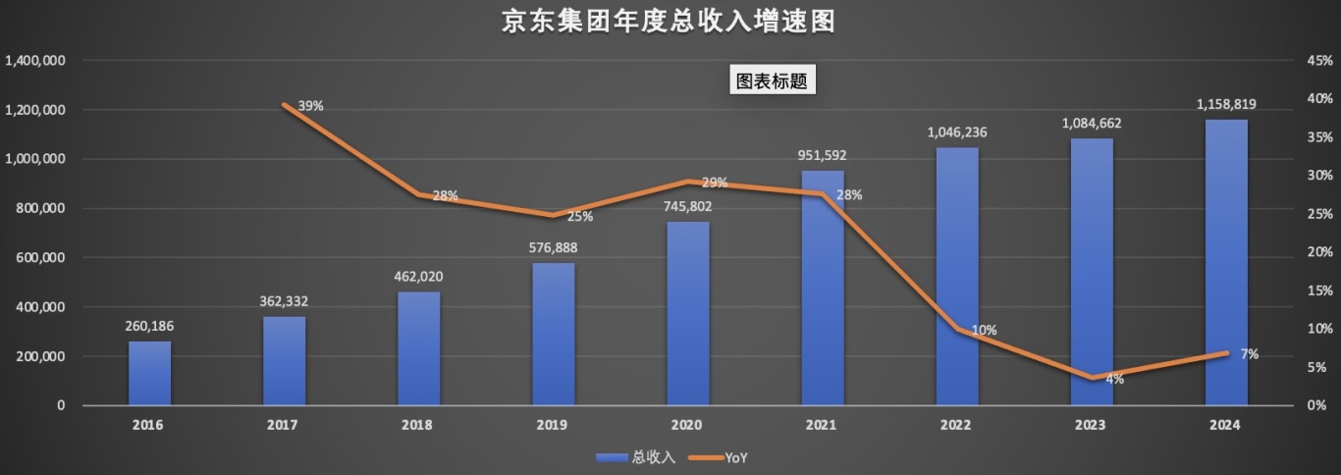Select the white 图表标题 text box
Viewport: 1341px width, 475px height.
(x=774, y=81)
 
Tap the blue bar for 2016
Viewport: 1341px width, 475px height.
(x=149, y=373)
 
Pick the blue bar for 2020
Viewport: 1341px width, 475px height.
(x=688, y=314)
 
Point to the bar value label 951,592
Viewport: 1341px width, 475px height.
(x=822, y=155)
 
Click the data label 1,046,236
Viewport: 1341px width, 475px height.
(x=957, y=132)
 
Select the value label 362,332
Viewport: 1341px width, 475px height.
(x=285, y=301)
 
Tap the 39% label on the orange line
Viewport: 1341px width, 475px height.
(x=310, y=106)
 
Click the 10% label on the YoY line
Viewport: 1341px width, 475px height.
(x=984, y=331)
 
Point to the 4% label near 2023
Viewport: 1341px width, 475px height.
(x=1114, y=379)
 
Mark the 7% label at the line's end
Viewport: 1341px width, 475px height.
(x=1249, y=354)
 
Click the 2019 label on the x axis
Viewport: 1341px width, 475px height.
(x=553, y=425)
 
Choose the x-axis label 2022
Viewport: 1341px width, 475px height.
(x=956, y=425)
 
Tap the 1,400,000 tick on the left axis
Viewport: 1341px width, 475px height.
(x=35, y=61)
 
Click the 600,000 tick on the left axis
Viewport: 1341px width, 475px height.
(x=42, y=258)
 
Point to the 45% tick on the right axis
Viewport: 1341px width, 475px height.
(x=1319, y=61)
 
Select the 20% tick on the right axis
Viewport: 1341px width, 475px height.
(x=1319, y=252)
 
